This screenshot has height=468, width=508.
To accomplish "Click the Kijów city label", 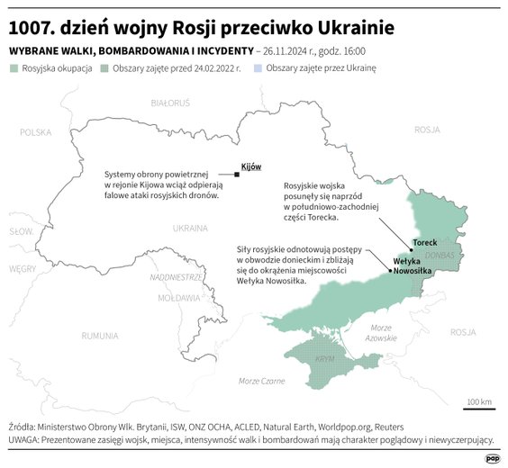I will coord(251,167).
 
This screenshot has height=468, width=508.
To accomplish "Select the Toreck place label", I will coord(424,243).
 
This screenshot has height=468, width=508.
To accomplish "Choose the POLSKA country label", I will coord(36,131).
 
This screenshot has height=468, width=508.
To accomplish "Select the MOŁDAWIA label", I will coord(177,297).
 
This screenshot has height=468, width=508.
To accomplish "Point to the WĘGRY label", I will coord(22,268).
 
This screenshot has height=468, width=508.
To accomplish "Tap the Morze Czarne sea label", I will coord(261,382).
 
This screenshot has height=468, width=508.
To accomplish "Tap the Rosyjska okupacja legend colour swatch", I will coord(13,68).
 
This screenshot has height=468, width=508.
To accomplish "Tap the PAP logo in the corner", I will coord(492,457).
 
